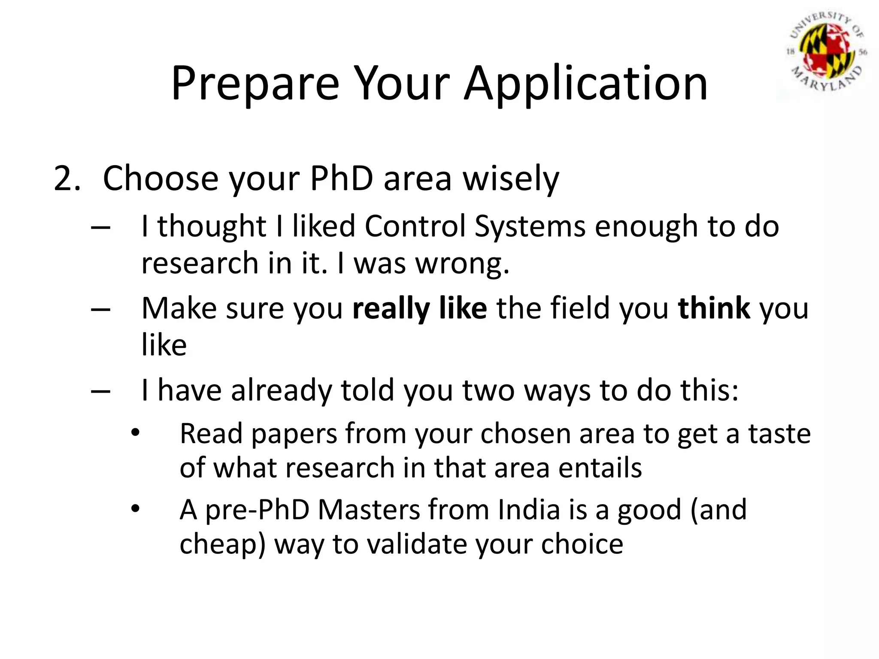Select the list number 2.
67,178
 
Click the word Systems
530,226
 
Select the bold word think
714,308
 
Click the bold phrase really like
419,308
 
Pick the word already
281,390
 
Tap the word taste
779,433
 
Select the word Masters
369,510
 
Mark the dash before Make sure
101,309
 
